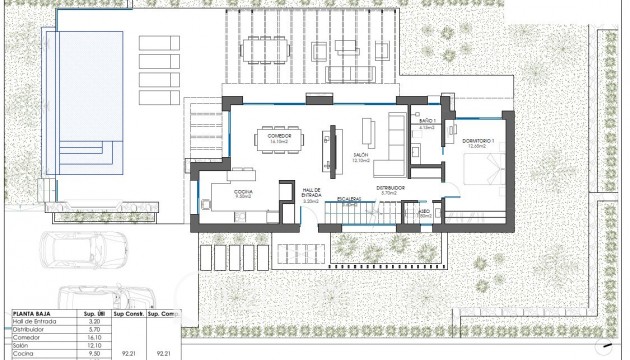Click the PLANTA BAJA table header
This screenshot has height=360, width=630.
coord(33,312)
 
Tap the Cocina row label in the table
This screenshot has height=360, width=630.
coord(22,354)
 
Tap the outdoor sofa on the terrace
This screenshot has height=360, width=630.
coord(349,76)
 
